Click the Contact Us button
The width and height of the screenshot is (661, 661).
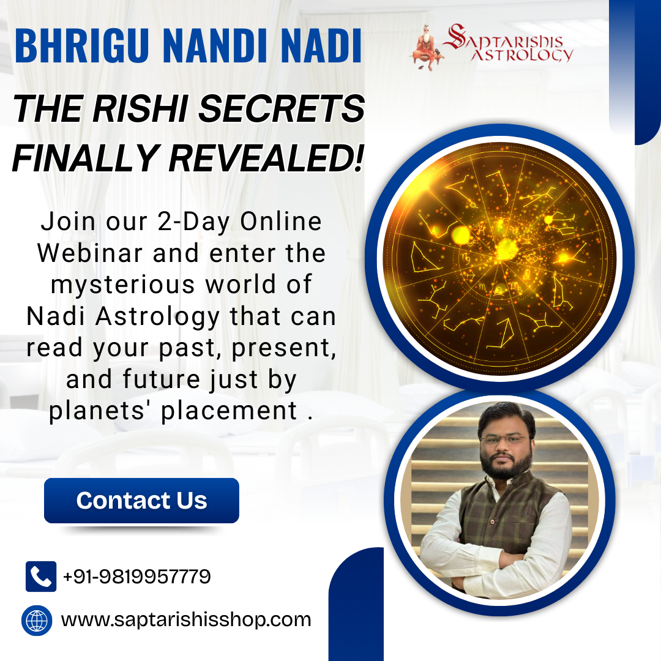tap(141, 501)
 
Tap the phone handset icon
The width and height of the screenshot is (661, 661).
tap(41, 577)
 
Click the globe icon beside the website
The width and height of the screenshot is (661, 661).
tap(37, 621)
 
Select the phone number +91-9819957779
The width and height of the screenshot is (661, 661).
tap(136, 577)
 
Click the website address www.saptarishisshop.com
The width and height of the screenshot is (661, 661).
tap(186, 620)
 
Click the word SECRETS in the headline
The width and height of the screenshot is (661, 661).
tap(281, 108)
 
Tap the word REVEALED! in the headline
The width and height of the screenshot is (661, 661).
tap(266, 158)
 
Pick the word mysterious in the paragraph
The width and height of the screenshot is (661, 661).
tap(123, 285)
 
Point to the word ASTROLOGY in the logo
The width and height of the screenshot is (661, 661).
tap(522, 55)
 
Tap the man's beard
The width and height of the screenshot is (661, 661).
tap(506, 465)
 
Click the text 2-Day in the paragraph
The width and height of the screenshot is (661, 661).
tap(193, 222)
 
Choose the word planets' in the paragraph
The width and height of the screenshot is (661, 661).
tap(97, 411)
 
